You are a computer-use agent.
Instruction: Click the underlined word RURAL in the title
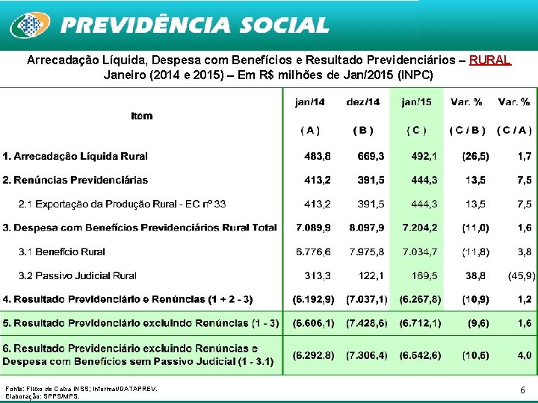pos(490,60)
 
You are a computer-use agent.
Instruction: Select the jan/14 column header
pos(310,101)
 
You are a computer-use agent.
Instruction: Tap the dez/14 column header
pos(363,101)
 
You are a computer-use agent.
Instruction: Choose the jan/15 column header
pos(416,101)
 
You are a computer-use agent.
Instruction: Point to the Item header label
pos(141,115)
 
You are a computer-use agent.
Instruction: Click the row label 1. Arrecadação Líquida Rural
pos(75,156)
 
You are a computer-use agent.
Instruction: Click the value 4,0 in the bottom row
pos(524,355)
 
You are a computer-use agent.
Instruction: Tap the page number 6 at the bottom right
pos(522,390)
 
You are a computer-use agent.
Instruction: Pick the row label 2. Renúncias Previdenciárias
pos(75,180)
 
